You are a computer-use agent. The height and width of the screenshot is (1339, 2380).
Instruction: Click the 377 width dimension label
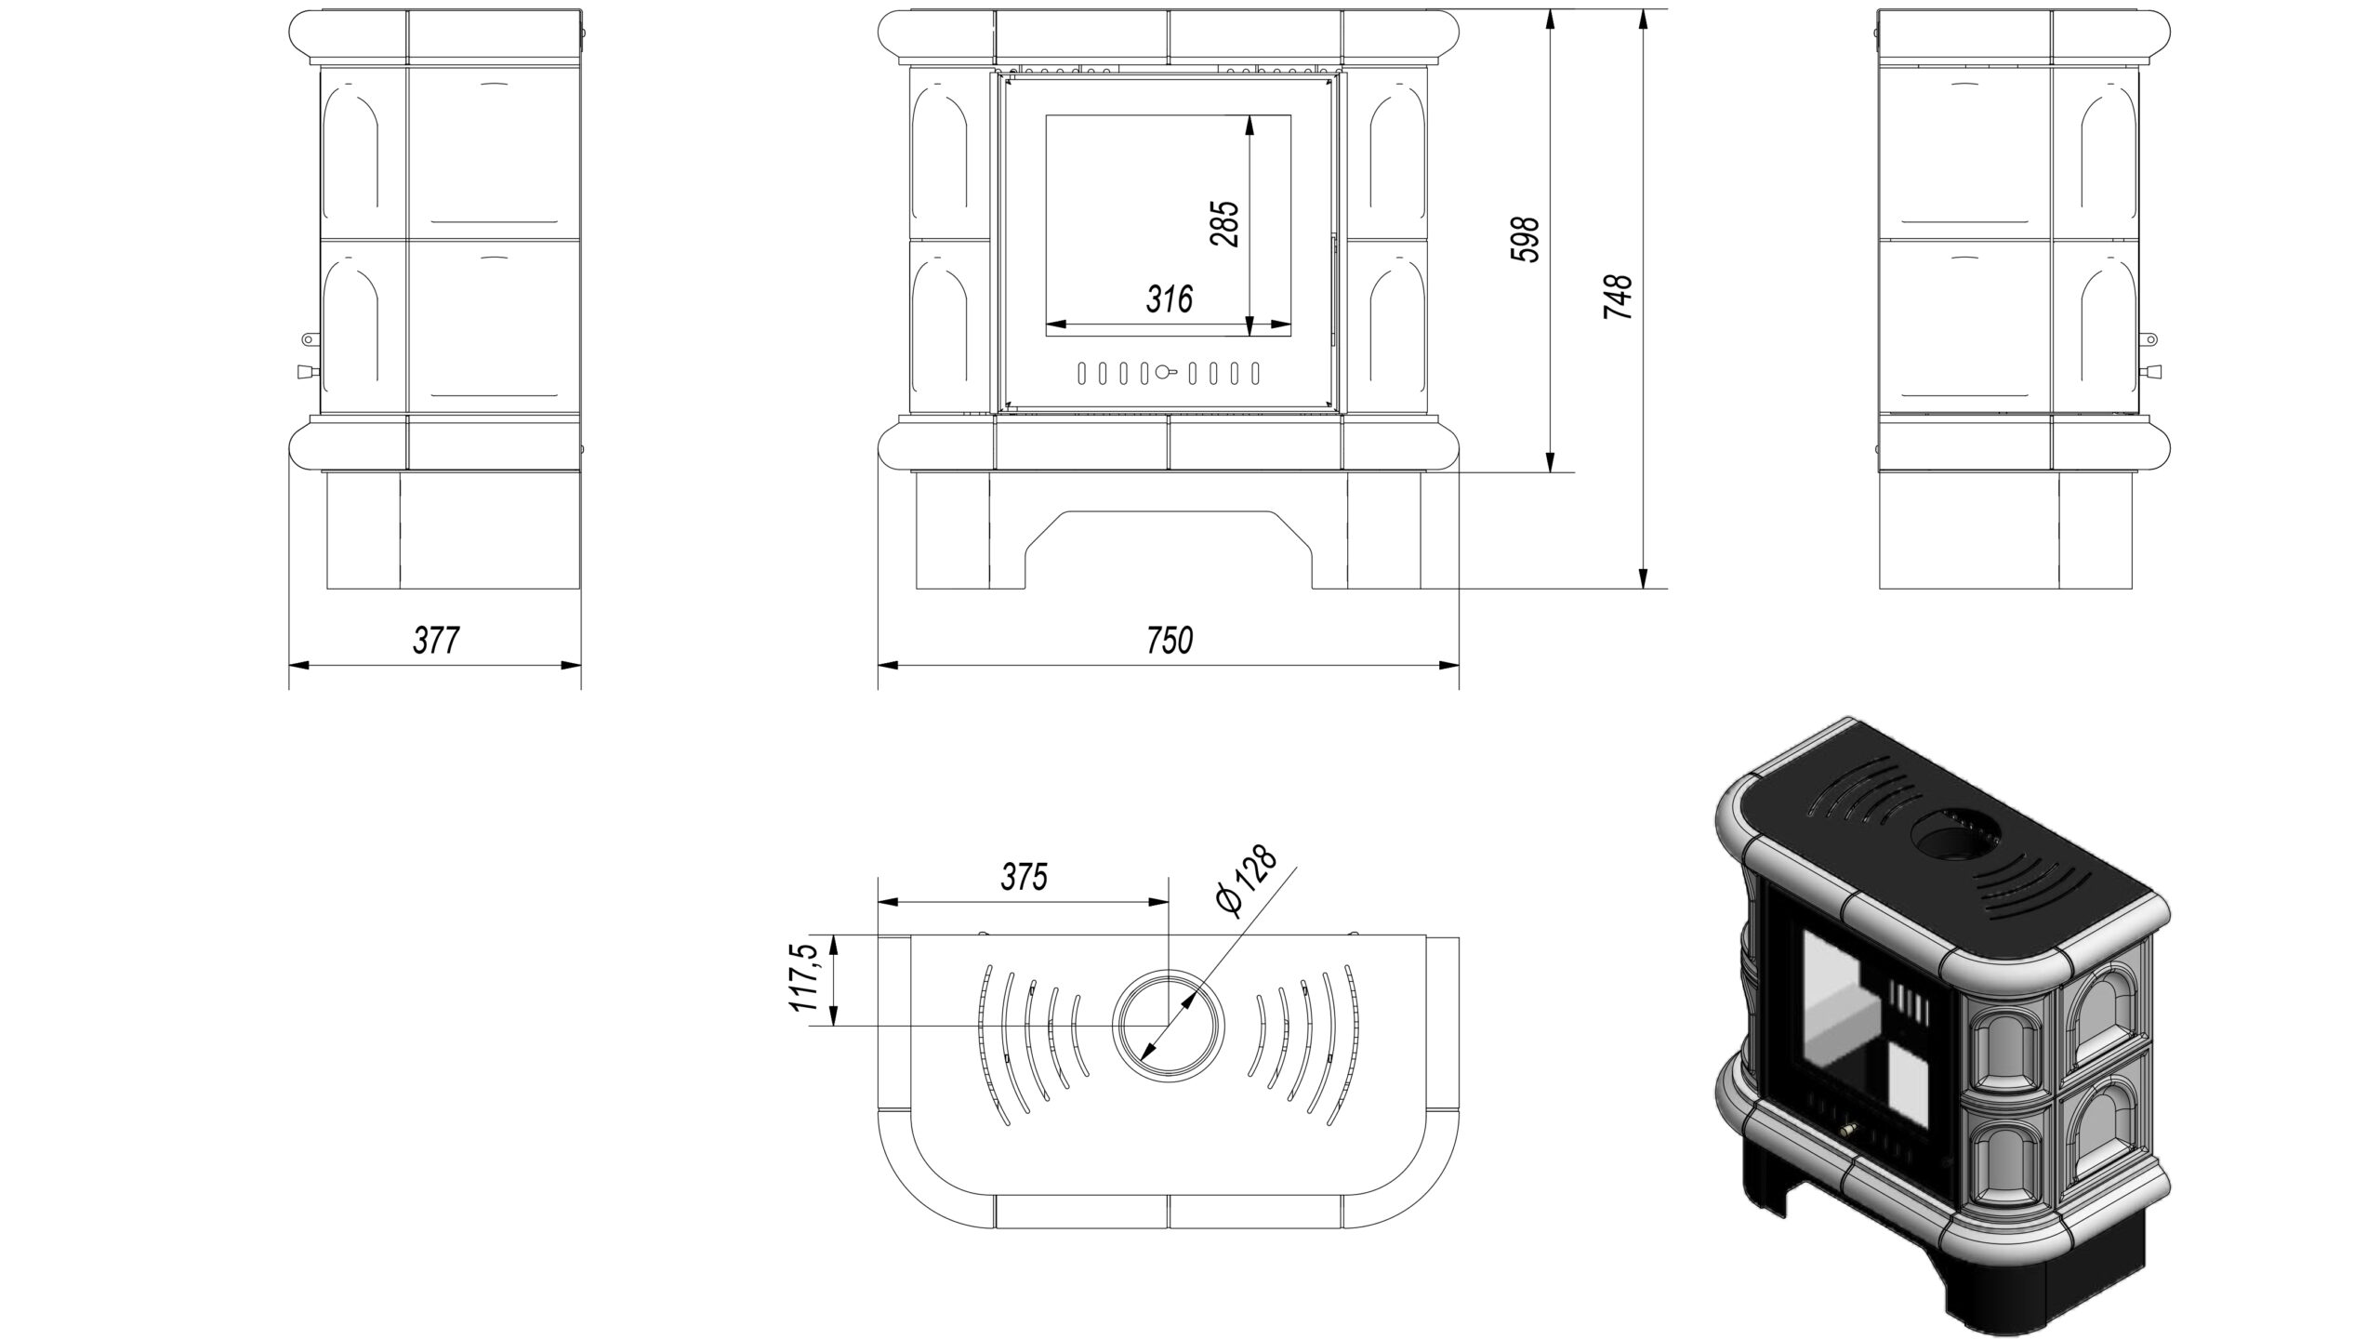(436, 641)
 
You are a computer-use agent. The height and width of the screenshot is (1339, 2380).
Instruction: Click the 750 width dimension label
(1169, 641)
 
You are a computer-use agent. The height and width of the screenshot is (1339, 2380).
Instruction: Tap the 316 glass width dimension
(1169, 299)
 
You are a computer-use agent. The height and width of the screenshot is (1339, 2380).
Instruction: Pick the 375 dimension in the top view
(1025, 877)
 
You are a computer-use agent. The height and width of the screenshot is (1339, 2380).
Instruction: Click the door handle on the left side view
(305, 372)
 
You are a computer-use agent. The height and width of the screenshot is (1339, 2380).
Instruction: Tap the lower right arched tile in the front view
(1396, 325)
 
